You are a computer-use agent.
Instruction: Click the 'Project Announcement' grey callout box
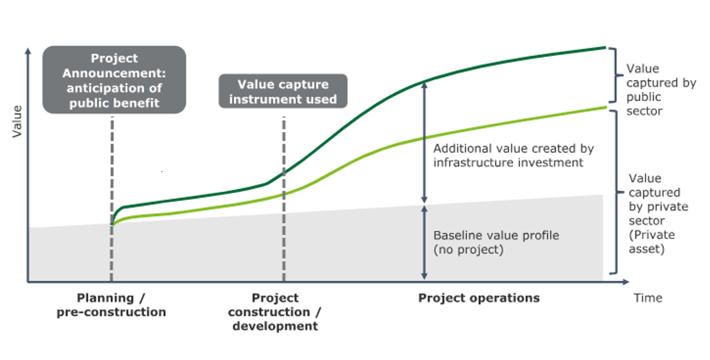[x=114, y=80]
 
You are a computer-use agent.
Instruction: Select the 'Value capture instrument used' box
[x=283, y=91]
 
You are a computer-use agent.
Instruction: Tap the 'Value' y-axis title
[x=17, y=121]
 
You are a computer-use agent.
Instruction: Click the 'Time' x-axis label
[x=648, y=298]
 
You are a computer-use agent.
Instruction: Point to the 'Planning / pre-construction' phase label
[x=111, y=305]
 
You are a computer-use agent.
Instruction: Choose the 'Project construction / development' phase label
[x=275, y=312]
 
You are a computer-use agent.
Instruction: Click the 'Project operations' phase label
[x=479, y=298]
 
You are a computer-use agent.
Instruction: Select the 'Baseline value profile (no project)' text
[x=496, y=242]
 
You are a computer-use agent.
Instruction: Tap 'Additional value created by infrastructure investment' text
[x=514, y=155]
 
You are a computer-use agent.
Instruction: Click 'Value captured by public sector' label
[x=661, y=90]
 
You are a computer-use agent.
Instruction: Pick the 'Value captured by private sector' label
[x=658, y=214]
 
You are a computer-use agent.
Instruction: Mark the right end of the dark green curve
[x=606, y=48]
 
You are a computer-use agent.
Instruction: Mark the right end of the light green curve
[x=606, y=107]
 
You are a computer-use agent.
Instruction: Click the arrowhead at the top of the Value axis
[x=28, y=51]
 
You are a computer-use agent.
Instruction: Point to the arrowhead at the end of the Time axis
[x=626, y=282]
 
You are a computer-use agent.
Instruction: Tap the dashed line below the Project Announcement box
[x=112, y=199]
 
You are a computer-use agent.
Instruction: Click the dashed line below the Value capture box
[x=284, y=199]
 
